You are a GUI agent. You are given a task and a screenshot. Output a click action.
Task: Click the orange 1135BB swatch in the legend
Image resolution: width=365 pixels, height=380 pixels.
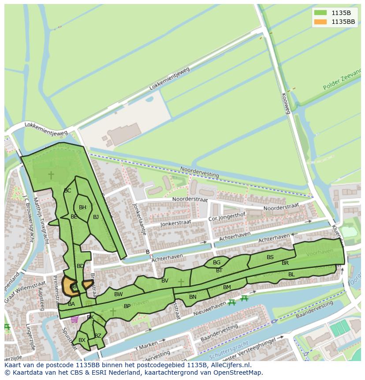coord(320,22)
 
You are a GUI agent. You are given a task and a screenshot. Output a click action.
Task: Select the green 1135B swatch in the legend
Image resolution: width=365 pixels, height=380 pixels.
coord(320,12)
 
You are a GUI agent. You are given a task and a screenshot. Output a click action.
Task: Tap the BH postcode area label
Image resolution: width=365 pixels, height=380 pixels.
coord(82,207)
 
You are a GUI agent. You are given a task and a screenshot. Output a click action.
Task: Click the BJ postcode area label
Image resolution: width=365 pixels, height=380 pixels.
coord(96,217)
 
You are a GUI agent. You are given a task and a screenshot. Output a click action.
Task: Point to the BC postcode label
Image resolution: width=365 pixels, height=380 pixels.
coord(67,191)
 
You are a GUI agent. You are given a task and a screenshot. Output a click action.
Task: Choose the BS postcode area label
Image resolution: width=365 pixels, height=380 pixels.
coord(270,257)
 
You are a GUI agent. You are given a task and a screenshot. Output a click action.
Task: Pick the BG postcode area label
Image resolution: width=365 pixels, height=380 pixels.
coord(216,263)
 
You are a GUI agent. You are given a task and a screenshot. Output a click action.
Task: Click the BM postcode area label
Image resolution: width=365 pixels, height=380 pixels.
coord(227,287)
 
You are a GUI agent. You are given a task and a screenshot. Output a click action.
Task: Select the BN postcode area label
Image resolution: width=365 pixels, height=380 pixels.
coord(193,297)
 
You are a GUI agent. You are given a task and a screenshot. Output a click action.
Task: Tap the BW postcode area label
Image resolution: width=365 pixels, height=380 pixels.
coord(118,294)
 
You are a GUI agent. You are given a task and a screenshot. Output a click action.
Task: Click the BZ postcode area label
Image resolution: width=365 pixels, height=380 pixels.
coord(98,336)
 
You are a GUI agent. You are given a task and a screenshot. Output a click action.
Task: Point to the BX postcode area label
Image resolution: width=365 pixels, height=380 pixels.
coord(82,340)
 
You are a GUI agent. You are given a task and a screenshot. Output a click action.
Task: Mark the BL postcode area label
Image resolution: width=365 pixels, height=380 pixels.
coord(291,275)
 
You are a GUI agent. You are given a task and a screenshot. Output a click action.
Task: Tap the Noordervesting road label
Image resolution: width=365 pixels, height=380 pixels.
coord(199,172)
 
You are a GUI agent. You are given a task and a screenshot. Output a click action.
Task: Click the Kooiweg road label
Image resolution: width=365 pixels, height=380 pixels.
coord(286,103)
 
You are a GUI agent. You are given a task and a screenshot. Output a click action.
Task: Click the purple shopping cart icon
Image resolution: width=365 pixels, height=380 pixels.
coord(74,319)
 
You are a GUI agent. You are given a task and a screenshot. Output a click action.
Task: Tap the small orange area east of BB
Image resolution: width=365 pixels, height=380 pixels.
coord(88,284)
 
